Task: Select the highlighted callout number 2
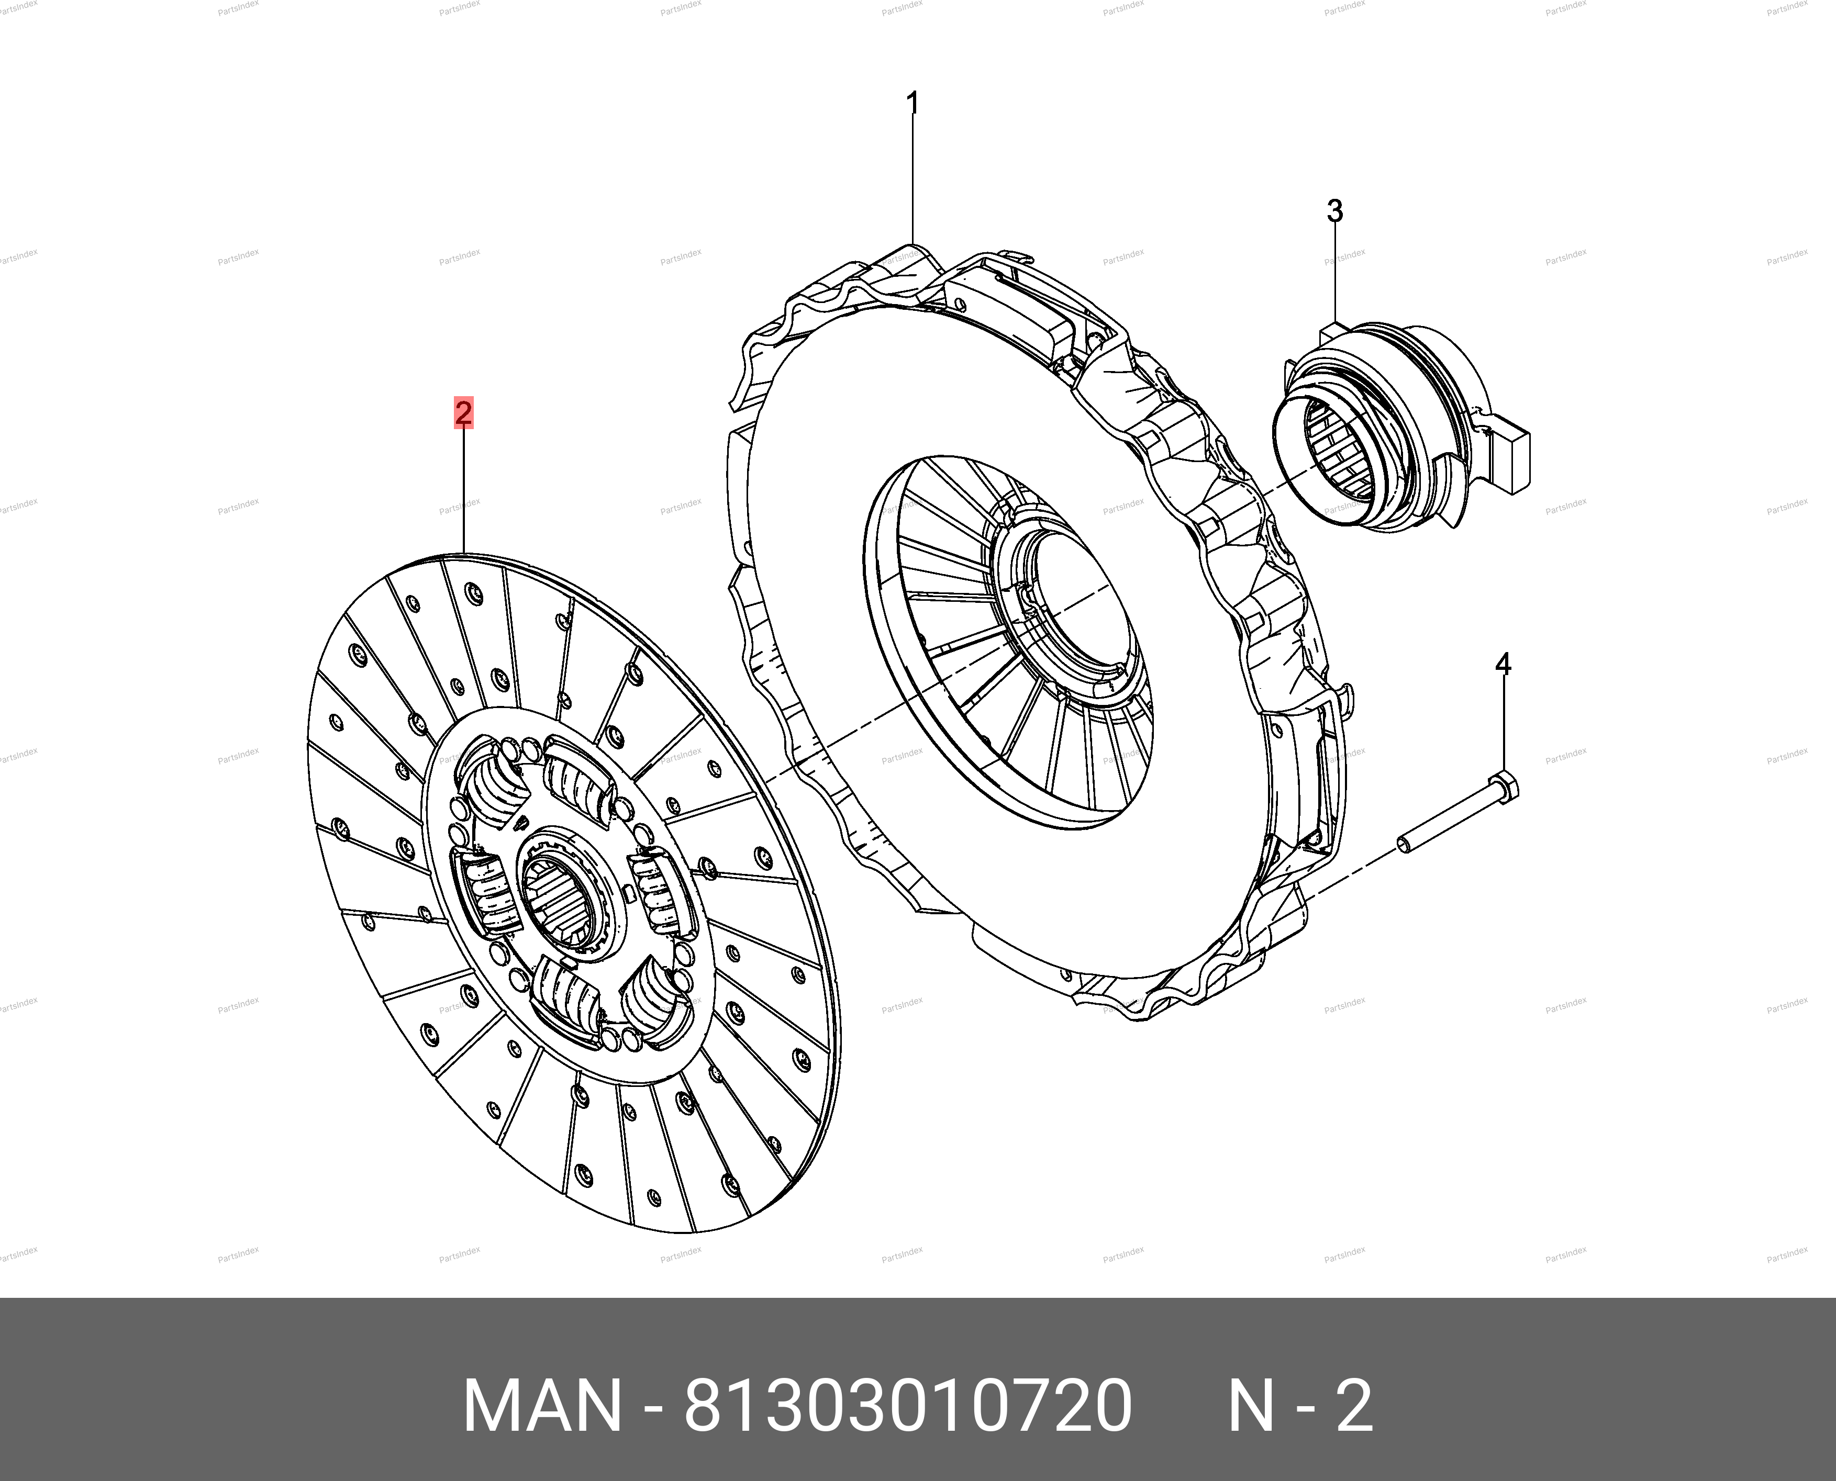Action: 463,414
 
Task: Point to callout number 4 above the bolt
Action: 1503,664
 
